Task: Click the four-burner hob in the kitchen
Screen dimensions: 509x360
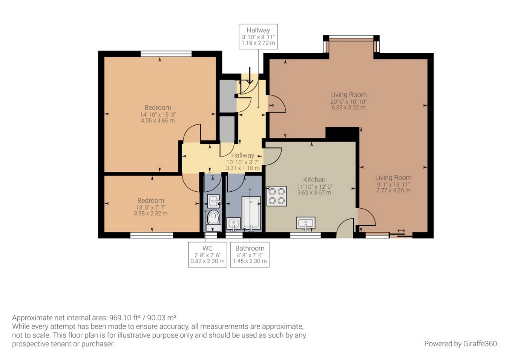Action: pyautogui.click(x=276, y=196)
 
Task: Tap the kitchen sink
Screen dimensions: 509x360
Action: pyautogui.click(x=306, y=223)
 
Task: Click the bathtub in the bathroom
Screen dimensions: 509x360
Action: pyautogui.click(x=251, y=213)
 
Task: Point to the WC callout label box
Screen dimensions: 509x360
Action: pyautogui.click(x=207, y=254)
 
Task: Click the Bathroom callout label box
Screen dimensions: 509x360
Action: pyautogui.click(x=250, y=254)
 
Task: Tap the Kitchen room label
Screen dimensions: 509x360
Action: pyautogui.click(x=314, y=180)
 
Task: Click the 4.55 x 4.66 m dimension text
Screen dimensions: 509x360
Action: pyautogui.click(x=158, y=120)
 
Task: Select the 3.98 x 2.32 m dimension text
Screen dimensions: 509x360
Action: pyautogui.click(x=151, y=214)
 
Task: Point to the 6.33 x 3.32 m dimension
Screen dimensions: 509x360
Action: pyautogui.click(x=348, y=108)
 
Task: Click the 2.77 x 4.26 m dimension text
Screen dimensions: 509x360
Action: pyautogui.click(x=393, y=191)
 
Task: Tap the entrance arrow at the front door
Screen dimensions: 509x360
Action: pyautogui.click(x=250, y=75)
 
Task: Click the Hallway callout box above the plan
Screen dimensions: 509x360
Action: pyautogui.click(x=258, y=36)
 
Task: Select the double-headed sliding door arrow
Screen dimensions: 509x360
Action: pyautogui.click(x=401, y=231)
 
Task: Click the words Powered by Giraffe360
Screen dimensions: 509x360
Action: pyautogui.click(x=461, y=344)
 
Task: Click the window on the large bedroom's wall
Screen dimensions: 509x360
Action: pyautogui.click(x=166, y=54)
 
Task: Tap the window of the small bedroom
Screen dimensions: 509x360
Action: pyautogui.click(x=152, y=235)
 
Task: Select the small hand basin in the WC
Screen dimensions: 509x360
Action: pyautogui.click(x=214, y=201)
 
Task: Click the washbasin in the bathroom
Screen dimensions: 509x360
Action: pyautogui.click(x=234, y=224)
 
